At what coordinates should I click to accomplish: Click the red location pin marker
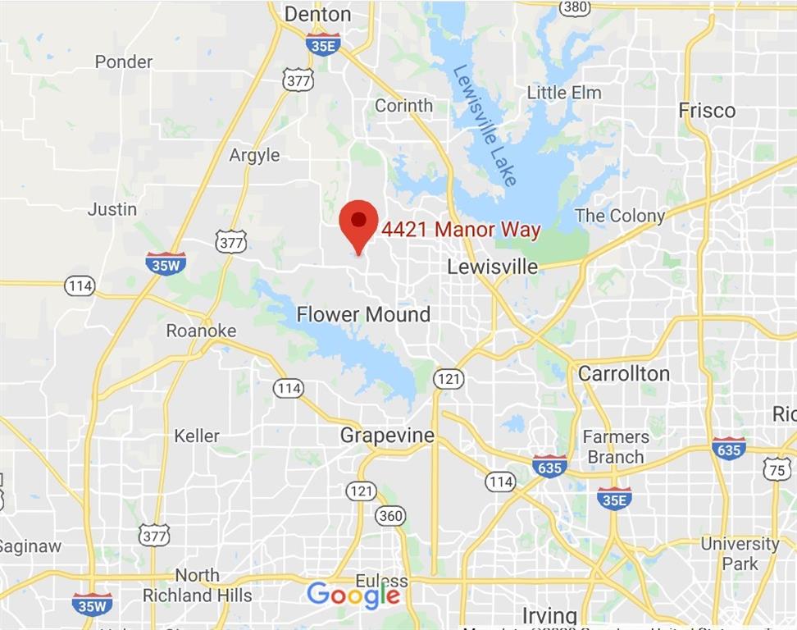(358, 222)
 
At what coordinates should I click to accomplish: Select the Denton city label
(317, 14)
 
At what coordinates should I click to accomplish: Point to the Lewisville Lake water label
(485, 125)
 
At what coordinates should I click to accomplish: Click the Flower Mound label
(363, 314)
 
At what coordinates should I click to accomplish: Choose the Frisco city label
(707, 110)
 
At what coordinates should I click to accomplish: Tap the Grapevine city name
(387, 436)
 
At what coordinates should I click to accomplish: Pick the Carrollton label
(623, 373)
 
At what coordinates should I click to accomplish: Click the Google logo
(353, 595)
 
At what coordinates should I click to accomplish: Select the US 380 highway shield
(574, 7)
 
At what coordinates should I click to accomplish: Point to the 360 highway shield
(390, 515)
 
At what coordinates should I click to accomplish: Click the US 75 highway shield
(777, 468)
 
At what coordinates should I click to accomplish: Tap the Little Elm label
(563, 93)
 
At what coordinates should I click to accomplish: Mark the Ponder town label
(124, 62)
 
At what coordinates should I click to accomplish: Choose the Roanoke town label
(201, 331)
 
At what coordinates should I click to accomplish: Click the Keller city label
(197, 436)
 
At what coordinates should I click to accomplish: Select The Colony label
(619, 216)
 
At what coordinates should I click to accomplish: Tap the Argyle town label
(254, 155)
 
